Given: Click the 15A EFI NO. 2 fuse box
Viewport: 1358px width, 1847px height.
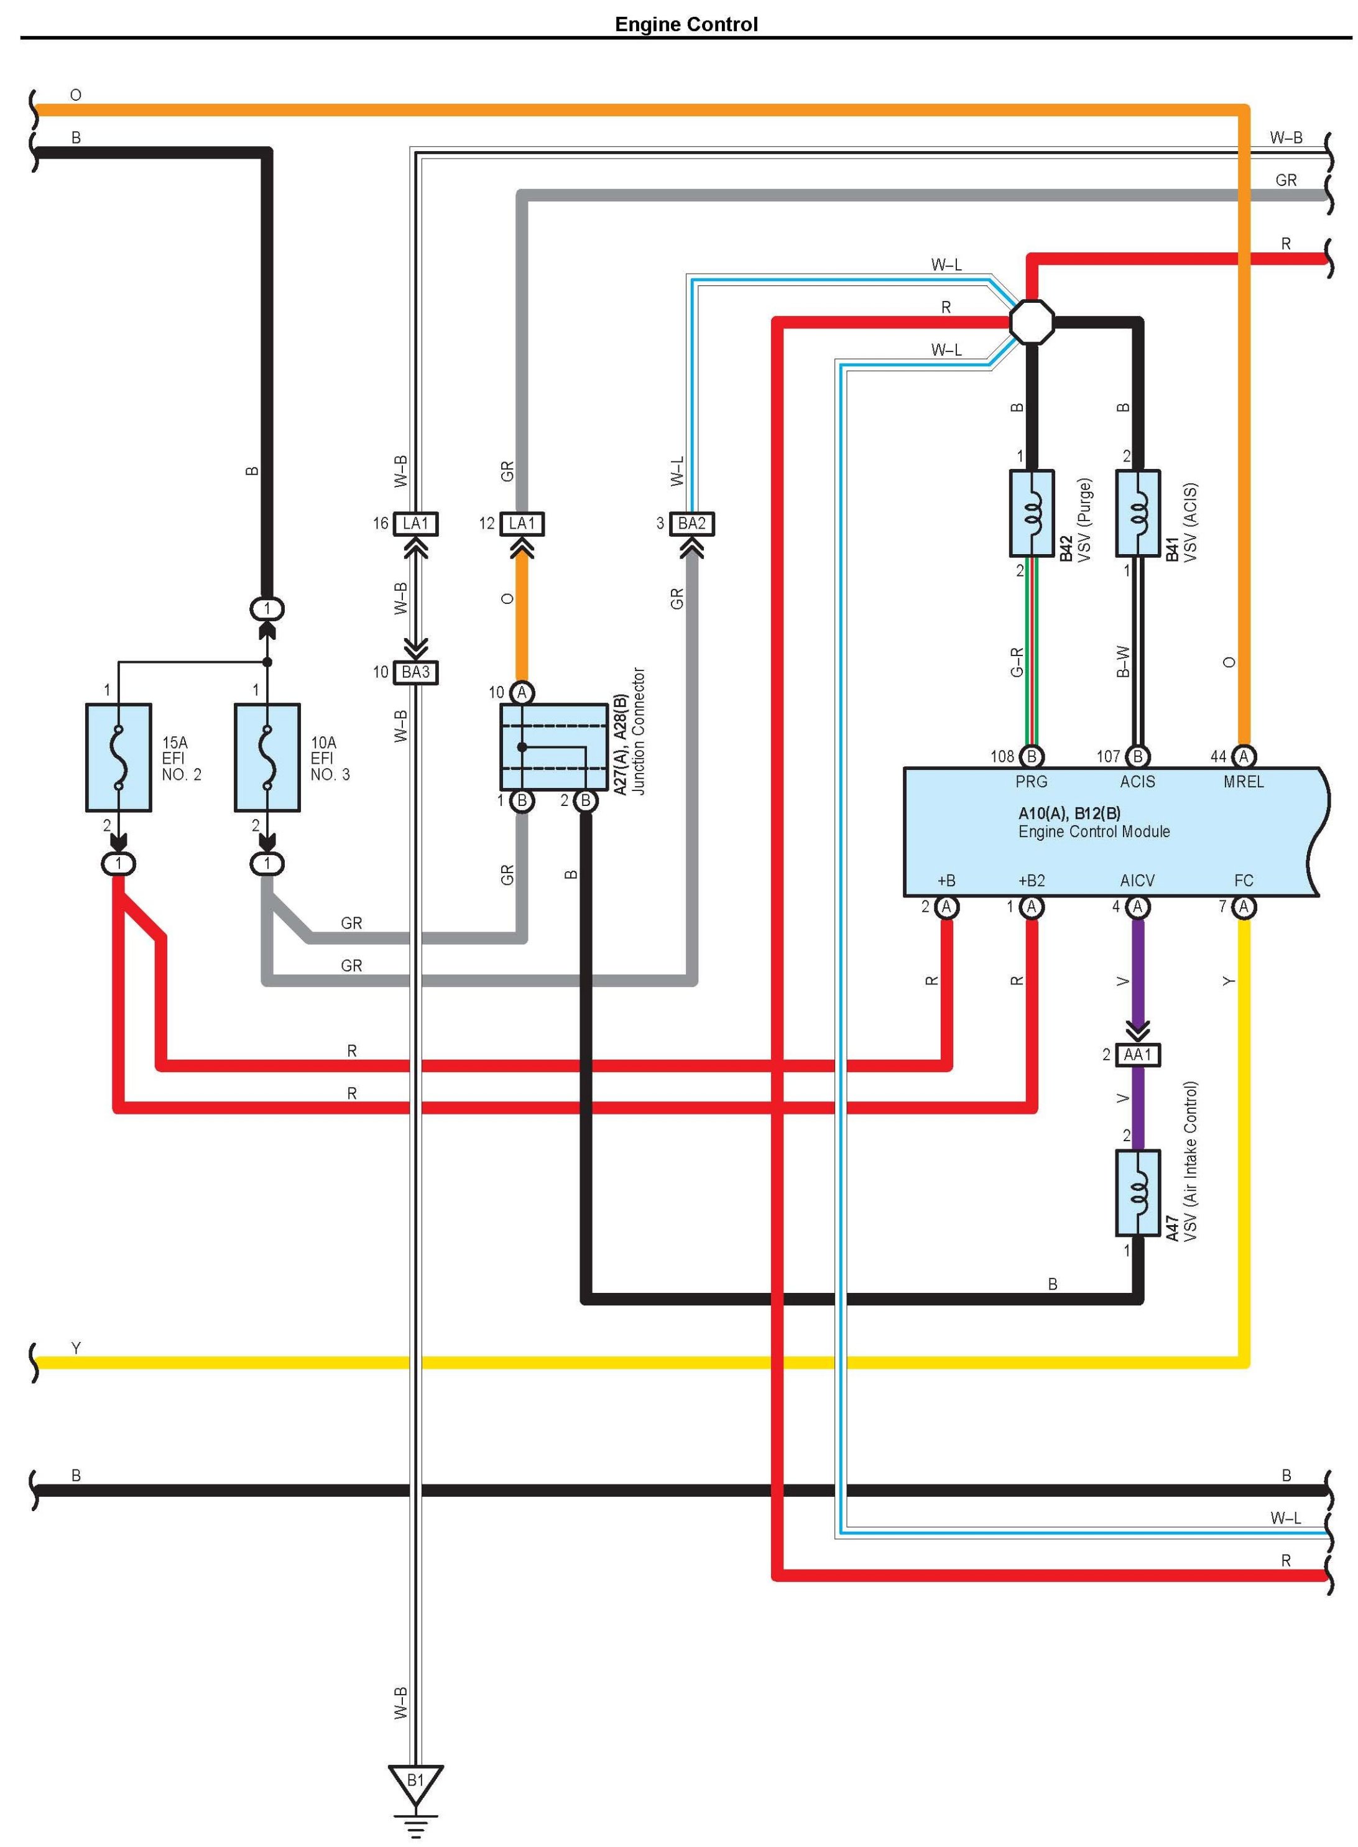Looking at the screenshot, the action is pyautogui.click(x=118, y=757).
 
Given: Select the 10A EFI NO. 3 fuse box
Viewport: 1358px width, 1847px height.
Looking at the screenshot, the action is pyautogui.click(x=267, y=757).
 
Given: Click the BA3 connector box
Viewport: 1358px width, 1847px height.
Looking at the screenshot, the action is pyautogui.click(x=416, y=672).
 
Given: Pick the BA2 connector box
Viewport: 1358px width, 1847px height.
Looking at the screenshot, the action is pyautogui.click(x=692, y=524).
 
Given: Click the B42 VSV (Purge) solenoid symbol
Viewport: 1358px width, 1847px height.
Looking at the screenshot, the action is pyautogui.click(x=1032, y=513).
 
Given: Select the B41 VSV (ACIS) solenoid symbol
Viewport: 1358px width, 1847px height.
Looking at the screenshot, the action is pyautogui.click(x=1138, y=513).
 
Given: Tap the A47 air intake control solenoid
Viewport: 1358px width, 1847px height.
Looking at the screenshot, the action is pyautogui.click(x=1138, y=1193).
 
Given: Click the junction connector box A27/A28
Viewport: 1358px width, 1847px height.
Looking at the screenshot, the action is pyautogui.click(x=554, y=746).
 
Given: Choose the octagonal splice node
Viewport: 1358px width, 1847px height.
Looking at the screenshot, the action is pyautogui.click(x=1032, y=322).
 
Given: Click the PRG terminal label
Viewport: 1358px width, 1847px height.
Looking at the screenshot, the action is pyautogui.click(x=1032, y=782).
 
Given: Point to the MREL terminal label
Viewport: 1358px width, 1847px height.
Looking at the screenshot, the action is pyautogui.click(x=1244, y=782).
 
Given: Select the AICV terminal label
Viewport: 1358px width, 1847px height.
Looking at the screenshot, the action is pyautogui.click(x=1138, y=881).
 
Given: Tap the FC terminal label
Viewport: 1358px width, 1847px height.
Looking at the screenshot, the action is pyautogui.click(x=1244, y=881).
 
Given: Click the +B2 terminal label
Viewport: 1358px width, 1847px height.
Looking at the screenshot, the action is pyautogui.click(x=1032, y=881).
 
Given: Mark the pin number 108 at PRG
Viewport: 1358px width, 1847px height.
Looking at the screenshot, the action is pyautogui.click(x=1002, y=756).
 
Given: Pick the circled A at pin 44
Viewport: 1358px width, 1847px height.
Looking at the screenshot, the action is pyautogui.click(x=1244, y=756).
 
